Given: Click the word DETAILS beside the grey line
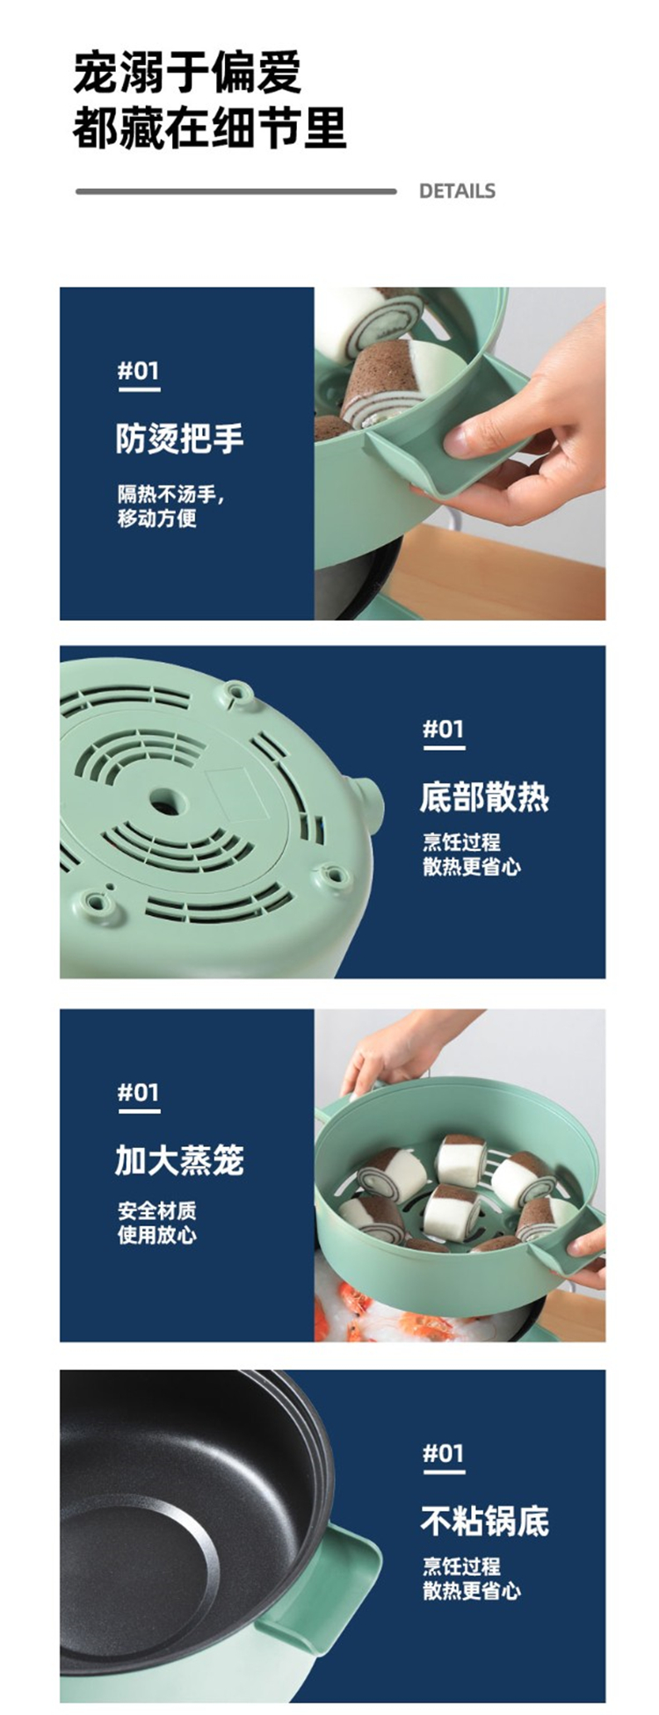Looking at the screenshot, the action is coord(457,191).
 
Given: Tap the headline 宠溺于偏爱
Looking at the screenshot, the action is coord(188,72).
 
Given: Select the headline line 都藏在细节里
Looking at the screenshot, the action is coord(210,127).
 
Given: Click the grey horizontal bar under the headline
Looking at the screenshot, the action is coord(236,191).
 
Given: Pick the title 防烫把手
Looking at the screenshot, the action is coord(180,438).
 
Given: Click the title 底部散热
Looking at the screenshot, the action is coord(484,797).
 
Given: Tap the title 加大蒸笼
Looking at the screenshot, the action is coord(180,1160).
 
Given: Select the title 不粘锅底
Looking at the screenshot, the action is coord(484,1521).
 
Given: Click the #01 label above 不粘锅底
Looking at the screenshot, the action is coord(444,1453).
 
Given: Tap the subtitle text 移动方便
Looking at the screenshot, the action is coord(157,519).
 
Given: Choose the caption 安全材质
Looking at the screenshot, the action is coord(157,1210).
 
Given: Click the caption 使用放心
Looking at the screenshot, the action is coord(157,1234).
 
